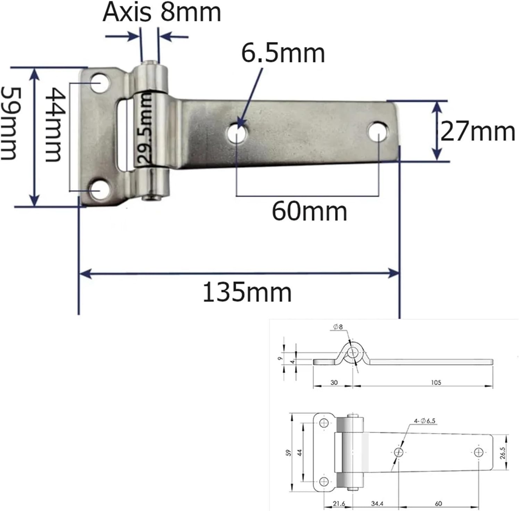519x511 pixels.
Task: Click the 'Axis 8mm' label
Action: pos(162,12)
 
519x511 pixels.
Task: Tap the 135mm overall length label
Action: pos(247,292)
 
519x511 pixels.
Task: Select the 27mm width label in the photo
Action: pos(477,132)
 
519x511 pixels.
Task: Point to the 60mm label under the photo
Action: pos(309,211)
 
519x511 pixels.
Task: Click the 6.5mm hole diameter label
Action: pos(283,53)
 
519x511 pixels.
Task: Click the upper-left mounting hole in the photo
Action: pos(100,83)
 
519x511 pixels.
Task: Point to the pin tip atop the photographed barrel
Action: pos(150,63)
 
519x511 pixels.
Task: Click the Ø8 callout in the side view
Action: pos(337,327)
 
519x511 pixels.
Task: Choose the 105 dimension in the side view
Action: pos(436,382)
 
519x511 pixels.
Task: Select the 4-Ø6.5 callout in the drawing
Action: pos(424,421)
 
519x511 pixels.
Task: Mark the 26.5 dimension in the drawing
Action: pos(503,453)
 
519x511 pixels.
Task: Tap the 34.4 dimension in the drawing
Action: pos(377,503)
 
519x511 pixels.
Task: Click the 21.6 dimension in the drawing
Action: pos(338,503)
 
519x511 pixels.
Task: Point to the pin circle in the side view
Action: pos(353,353)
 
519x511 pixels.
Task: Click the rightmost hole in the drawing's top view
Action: pos(478,452)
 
